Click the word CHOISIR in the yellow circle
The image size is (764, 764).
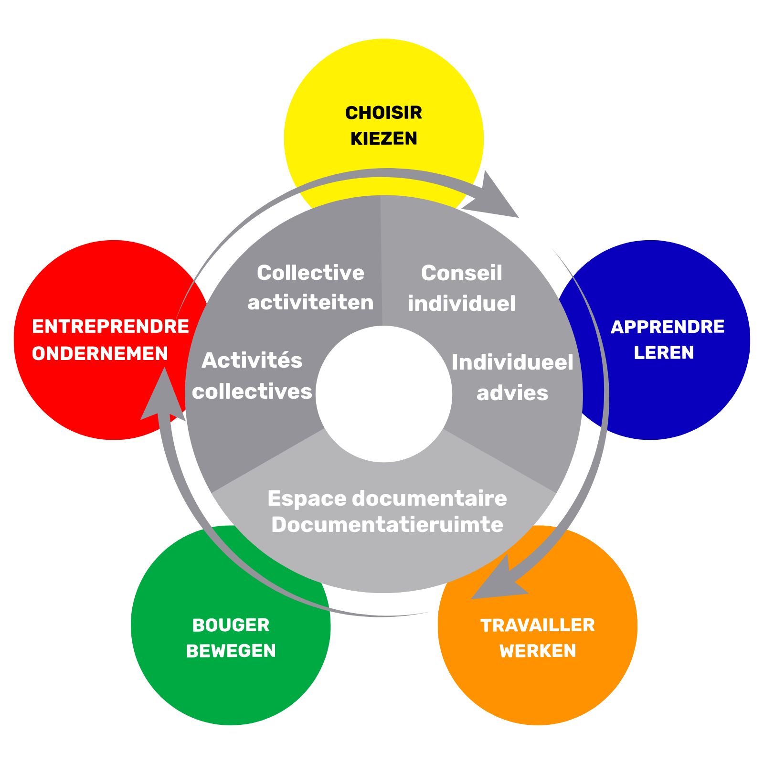click(383, 113)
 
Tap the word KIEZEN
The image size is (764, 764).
click(383, 138)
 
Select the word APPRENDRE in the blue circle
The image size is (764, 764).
click(667, 327)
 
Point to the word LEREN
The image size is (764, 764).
click(664, 353)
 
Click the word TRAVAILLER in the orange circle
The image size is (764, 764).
click(537, 626)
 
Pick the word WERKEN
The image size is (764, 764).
click(538, 651)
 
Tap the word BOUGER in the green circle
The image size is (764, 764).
click(231, 626)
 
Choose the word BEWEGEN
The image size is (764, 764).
click(231, 651)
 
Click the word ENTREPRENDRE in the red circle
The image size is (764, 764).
click(110, 327)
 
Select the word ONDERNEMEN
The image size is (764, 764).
click(100, 354)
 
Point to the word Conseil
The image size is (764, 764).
click(461, 273)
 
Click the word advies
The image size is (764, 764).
click(512, 393)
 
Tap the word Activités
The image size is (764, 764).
click(252, 361)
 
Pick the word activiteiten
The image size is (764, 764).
click(310, 303)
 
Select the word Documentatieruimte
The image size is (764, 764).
click(387, 525)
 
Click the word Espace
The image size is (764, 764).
click(307, 499)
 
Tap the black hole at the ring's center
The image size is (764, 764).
click(383, 394)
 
